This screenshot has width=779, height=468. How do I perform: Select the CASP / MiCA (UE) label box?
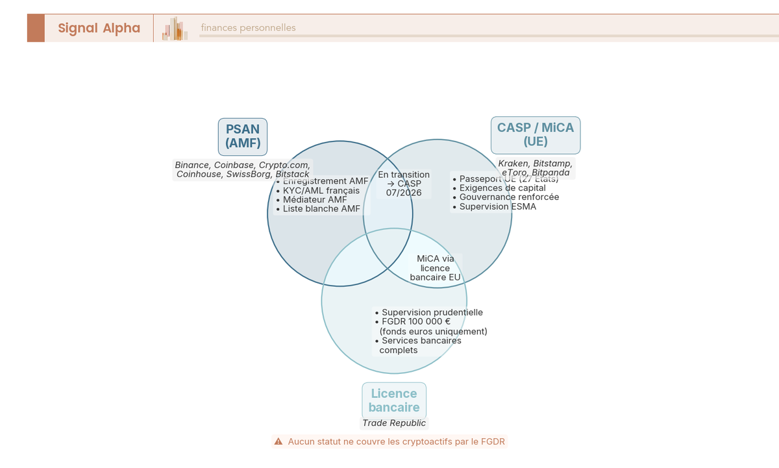[x=535, y=134]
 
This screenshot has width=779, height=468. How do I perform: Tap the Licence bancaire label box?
[x=394, y=400]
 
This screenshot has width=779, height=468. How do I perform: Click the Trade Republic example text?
[x=394, y=423]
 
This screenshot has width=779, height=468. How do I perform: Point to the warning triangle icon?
[x=278, y=441]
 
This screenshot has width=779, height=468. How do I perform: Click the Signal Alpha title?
[x=99, y=28]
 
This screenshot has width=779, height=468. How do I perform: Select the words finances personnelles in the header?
[x=248, y=28]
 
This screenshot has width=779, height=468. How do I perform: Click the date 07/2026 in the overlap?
[x=404, y=193]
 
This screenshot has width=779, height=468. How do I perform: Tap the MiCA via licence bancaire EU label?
[x=436, y=267]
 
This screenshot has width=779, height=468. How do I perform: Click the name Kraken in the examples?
[x=513, y=163]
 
